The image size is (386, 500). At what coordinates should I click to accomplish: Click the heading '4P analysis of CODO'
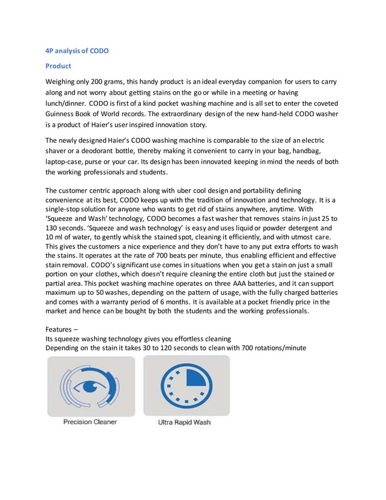[x=77, y=51]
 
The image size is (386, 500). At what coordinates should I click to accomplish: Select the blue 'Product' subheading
[x=59, y=66]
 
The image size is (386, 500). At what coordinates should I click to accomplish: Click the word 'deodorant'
[x=107, y=151]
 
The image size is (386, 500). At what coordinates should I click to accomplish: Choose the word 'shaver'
[x=59, y=151]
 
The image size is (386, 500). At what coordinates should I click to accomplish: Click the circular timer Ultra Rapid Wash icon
[x=186, y=386]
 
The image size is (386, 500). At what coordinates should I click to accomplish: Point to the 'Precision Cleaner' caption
[x=90, y=422]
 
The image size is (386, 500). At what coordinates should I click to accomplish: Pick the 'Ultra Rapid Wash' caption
[x=185, y=423]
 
